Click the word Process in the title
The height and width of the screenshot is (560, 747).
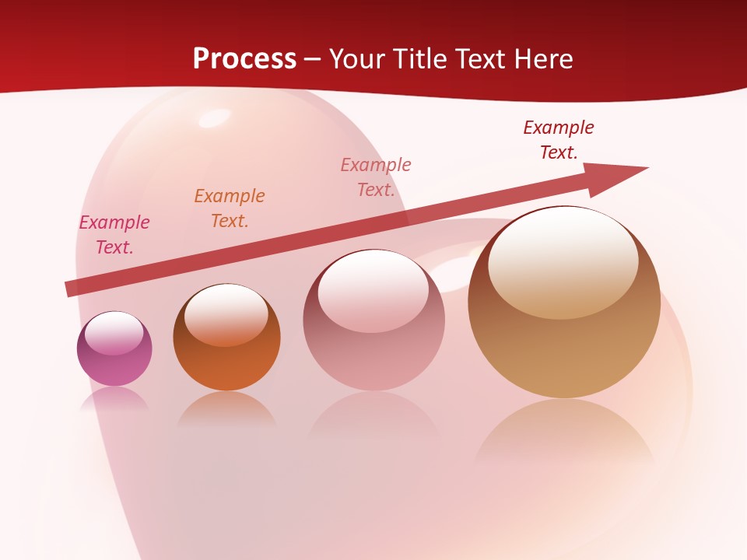244,59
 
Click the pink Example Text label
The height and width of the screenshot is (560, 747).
114,234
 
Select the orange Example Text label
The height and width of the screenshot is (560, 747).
230,208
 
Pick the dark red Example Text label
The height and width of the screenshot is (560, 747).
559,139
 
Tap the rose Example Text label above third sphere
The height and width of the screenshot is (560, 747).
376,177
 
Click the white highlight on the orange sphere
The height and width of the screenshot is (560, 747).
226,314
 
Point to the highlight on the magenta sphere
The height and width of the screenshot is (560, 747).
114,334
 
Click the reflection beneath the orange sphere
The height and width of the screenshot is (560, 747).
226,410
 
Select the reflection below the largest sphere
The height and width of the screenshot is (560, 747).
564,432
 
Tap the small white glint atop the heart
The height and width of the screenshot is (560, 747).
213,118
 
